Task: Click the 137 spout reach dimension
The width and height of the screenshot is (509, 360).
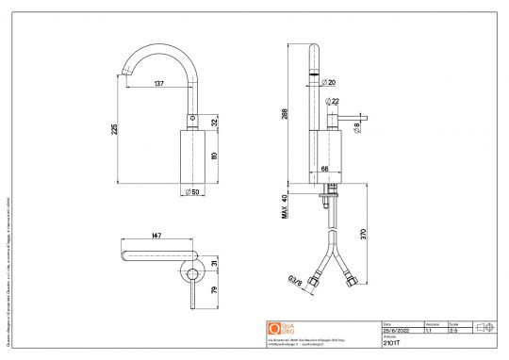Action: [x=159, y=84]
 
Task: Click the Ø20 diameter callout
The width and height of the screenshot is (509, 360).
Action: [x=330, y=83]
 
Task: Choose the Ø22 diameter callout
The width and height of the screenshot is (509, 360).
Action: [x=332, y=101]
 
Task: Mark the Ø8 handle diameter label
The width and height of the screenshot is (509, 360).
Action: [x=356, y=124]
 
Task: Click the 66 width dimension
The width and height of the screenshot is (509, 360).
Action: [x=326, y=168]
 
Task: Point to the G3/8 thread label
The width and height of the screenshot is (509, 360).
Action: [x=295, y=279]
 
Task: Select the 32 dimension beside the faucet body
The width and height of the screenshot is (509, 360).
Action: [x=215, y=123]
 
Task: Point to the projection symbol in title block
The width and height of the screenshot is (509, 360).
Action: [x=486, y=326]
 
